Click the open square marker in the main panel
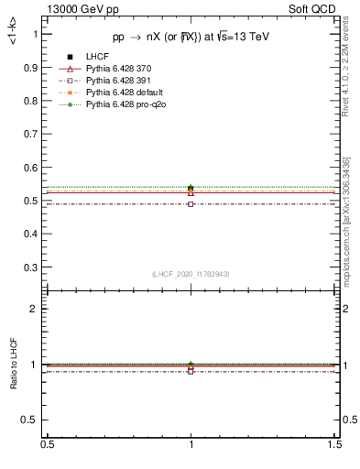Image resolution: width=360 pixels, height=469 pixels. pyautogui.click(x=191, y=203)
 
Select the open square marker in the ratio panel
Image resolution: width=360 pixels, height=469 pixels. pyautogui.click(x=191, y=371)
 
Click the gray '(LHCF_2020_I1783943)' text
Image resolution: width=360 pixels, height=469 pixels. pyautogui.click(x=191, y=275)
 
